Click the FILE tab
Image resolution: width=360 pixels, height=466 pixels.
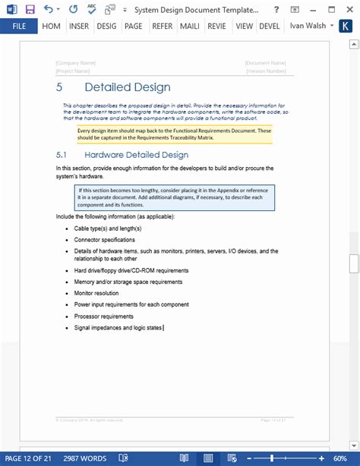pos(18,26)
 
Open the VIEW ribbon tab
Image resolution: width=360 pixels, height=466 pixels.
pos(244,26)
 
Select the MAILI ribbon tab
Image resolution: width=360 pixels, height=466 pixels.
pos(190,26)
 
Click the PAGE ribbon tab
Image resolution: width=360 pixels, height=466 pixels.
pos(133,26)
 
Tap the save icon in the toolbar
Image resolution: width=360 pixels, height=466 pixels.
pos(30,9)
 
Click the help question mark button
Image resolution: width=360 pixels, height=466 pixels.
pos(277,9)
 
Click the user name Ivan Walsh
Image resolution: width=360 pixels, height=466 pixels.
pos(308,26)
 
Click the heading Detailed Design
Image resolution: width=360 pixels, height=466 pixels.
pos(128,87)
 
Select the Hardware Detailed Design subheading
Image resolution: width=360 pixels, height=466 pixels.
pos(134,155)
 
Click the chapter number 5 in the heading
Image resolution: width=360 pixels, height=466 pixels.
pos(59,87)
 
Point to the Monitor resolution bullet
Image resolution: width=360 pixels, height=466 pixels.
pos(96,293)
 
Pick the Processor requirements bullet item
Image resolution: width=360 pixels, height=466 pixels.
pos(103,316)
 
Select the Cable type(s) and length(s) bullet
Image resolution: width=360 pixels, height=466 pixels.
pos(108,228)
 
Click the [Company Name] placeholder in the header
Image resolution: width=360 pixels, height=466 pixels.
pos(76,63)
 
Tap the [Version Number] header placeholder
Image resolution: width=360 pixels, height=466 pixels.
pos(266,71)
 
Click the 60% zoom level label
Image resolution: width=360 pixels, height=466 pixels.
pos(340,458)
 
